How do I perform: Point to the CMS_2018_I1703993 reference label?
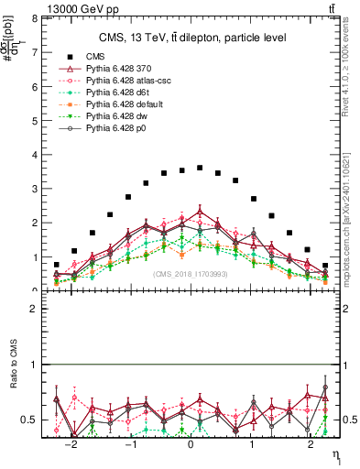191,274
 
